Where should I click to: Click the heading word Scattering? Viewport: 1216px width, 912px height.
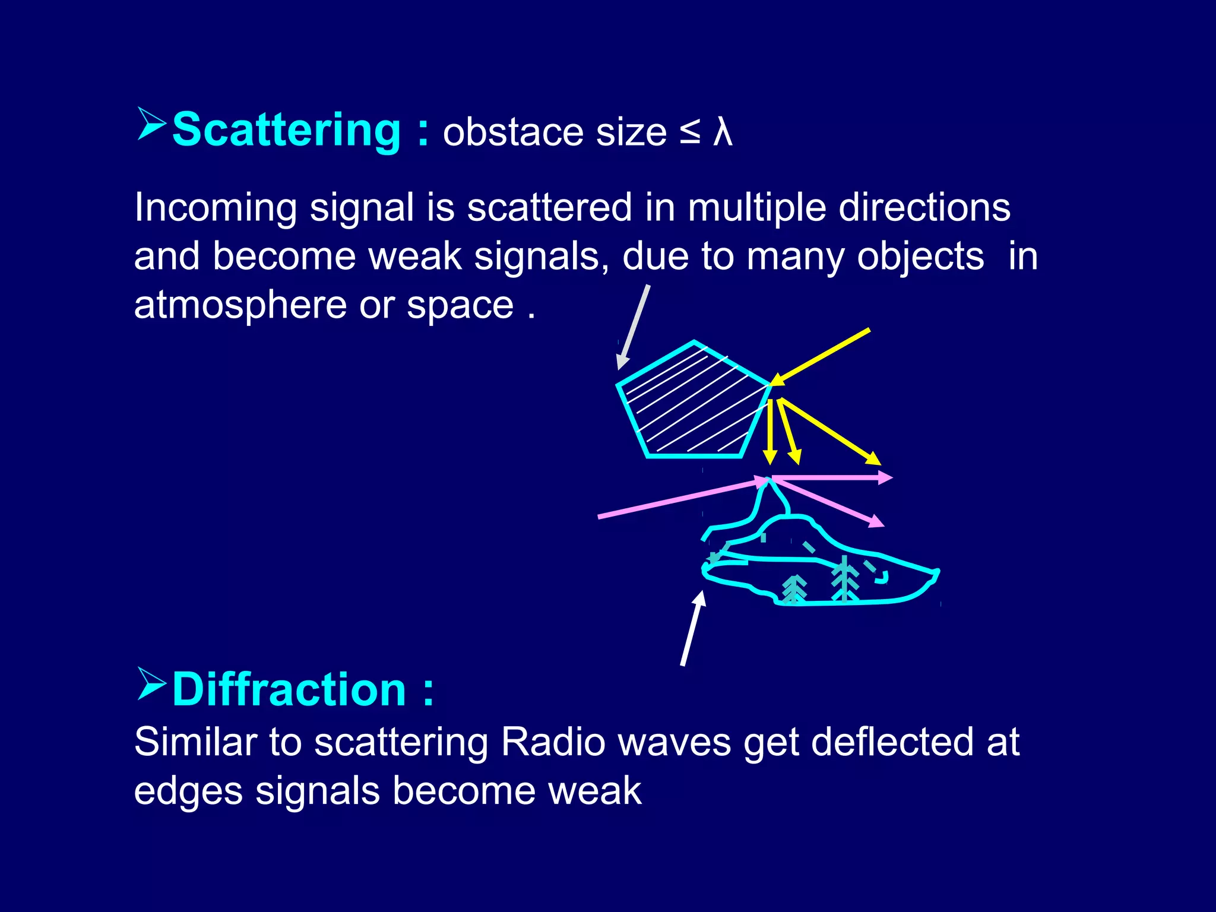tap(286, 129)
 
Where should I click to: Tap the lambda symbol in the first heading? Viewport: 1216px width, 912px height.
tap(723, 132)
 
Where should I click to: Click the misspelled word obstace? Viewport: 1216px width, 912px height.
tap(513, 132)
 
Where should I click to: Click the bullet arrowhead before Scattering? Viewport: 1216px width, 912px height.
tap(151, 124)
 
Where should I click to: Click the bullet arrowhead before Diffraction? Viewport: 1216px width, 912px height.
tap(151, 684)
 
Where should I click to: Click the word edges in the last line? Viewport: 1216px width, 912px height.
tap(188, 791)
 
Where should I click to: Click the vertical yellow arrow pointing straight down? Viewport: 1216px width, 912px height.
tap(770, 430)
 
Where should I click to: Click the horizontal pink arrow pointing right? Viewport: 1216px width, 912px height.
tap(831, 477)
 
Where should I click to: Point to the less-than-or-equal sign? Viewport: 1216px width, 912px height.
tap(690, 132)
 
